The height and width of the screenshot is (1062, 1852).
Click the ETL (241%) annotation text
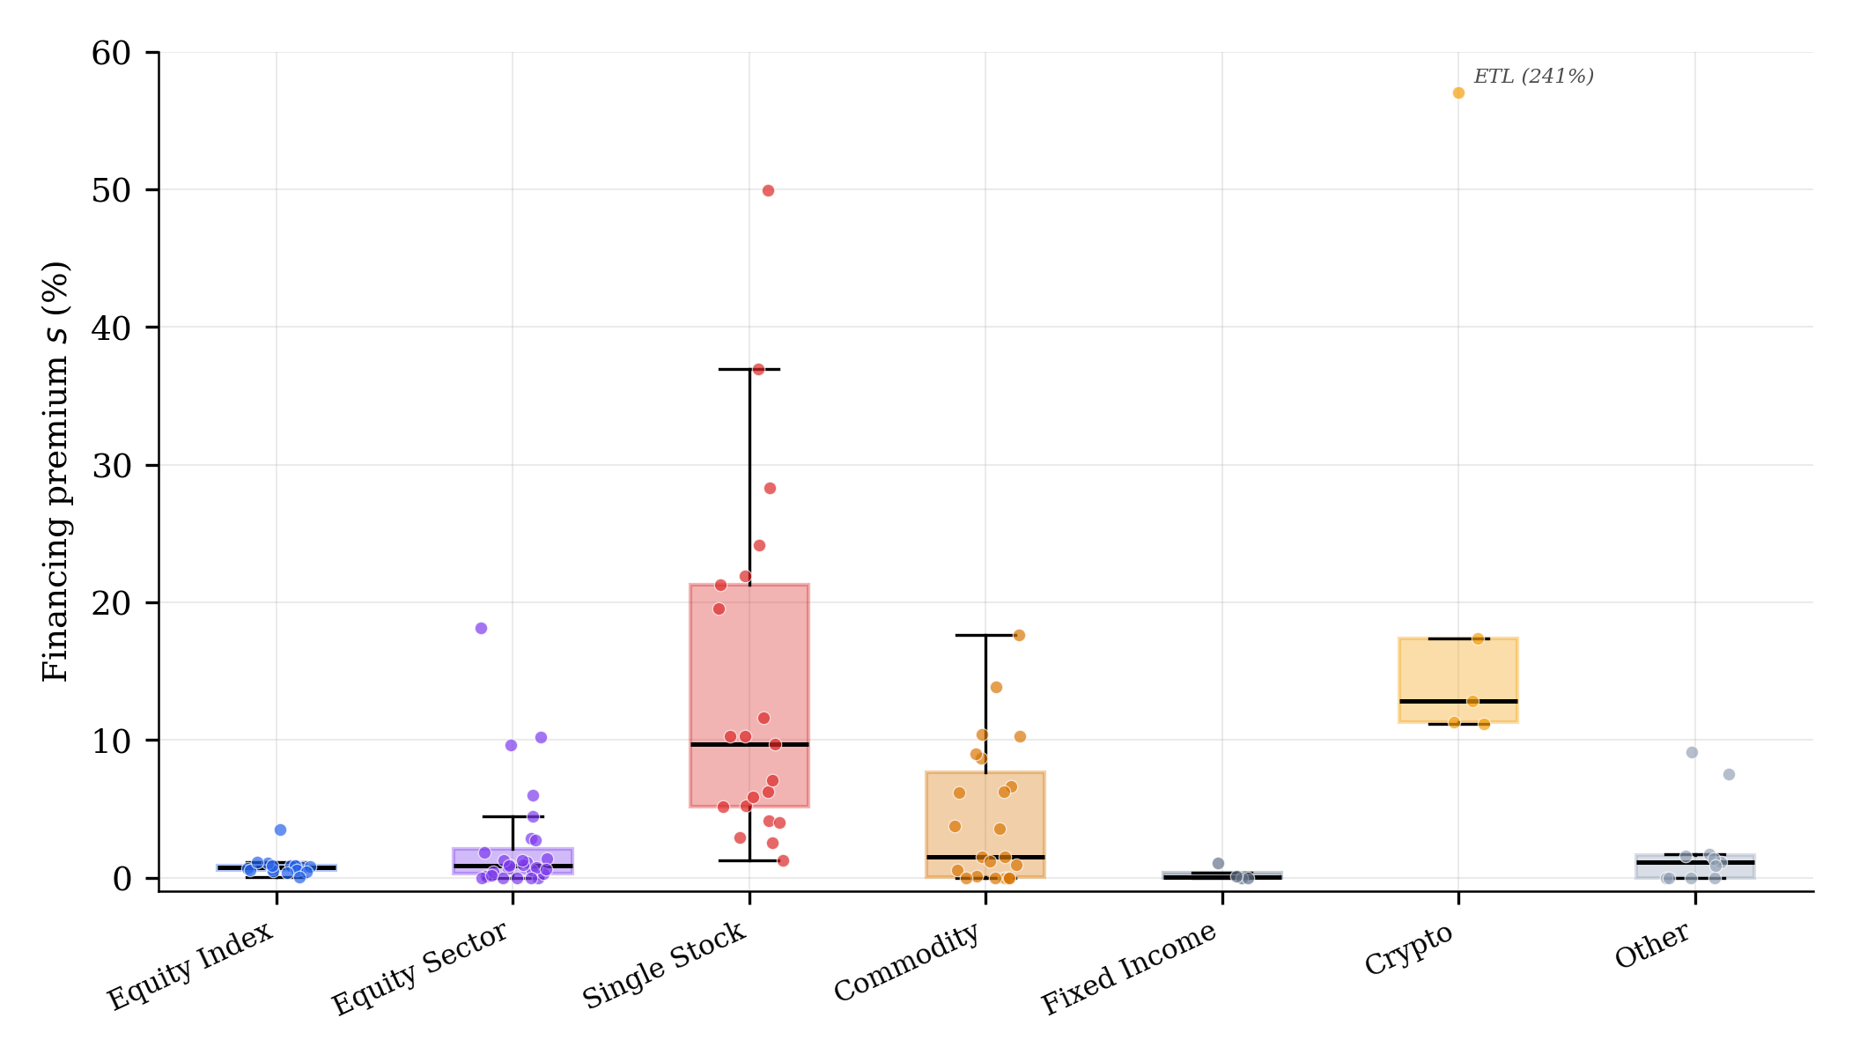[x=1533, y=77]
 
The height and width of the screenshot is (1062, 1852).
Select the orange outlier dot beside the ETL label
[x=1458, y=93]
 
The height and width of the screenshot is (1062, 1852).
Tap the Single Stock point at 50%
[x=768, y=191]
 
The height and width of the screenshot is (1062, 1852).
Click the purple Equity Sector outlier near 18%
[x=481, y=629]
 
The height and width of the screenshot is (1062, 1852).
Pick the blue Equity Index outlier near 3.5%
[x=280, y=830]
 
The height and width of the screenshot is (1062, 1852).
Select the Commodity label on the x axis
[x=907, y=962]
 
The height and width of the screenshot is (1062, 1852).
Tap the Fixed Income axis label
[x=1129, y=968]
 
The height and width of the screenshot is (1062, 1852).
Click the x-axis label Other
[x=1652, y=945]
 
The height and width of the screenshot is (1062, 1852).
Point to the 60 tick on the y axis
[x=112, y=53]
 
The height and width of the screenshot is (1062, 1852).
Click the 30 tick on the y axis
[x=112, y=466]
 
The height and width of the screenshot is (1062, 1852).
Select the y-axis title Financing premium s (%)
[x=55, y=471]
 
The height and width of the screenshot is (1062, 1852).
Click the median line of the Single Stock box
[x=749, y=745]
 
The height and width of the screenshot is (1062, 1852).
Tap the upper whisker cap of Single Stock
[x=749, y=370]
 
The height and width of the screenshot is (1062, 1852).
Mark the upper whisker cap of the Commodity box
[x=985, y=635]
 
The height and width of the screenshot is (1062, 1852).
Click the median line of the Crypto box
[x=1458, y=702]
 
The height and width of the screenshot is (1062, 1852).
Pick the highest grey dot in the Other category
[x=1692, y=753]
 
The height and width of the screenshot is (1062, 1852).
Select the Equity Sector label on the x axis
[x=420, y=968]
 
